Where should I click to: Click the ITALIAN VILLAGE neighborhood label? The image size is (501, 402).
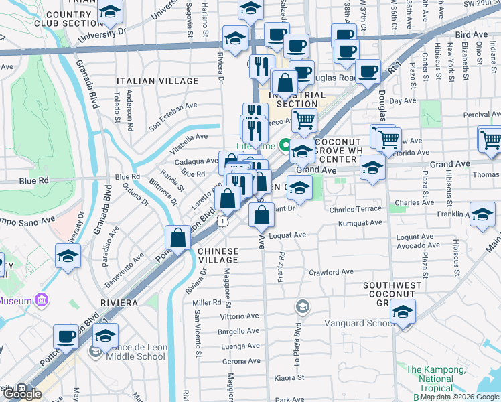(157, 81)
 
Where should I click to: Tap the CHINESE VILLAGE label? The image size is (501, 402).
(218, 255)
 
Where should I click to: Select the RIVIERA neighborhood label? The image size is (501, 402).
(120, 302)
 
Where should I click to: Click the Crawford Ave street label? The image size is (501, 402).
(330, 272)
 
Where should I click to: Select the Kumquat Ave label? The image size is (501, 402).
(360, 223)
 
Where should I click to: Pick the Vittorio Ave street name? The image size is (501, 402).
(239, 316)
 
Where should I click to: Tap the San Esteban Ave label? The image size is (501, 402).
(173, 115)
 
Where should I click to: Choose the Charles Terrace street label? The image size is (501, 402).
(355, 210)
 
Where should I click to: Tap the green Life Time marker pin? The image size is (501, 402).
(285, 144)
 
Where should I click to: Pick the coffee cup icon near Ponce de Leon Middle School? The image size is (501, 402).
(66, 337)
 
